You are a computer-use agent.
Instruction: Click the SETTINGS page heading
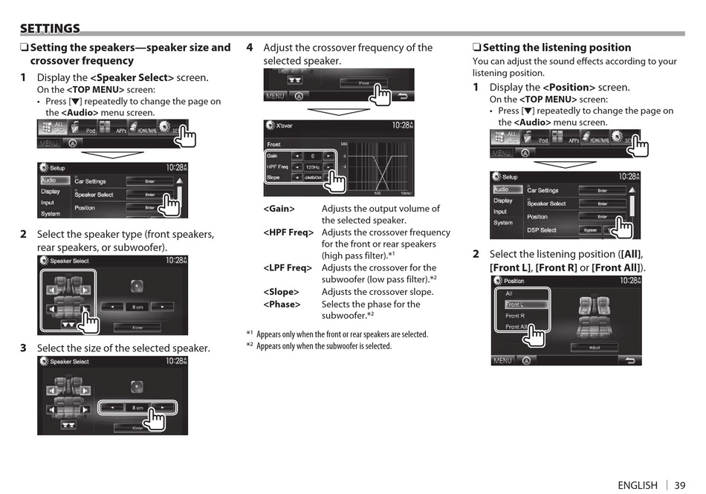pos(50,28)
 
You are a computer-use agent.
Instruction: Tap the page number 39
pos(680,485)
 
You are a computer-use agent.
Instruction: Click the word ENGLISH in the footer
pos(637,485)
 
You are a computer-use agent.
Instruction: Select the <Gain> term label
pos(279,209)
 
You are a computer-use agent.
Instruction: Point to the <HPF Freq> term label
pos(288,233)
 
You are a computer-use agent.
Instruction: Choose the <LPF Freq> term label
pos(288,267)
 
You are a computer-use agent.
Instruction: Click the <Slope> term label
pos(281,292)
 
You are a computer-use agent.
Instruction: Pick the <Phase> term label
pos(282,304)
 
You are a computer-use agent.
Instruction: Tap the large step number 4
pos(250,48)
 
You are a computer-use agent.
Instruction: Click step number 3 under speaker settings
pos(23,348)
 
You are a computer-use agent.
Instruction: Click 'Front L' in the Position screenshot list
pos(515,305)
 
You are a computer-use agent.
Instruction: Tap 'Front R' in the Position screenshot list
pos(515,316)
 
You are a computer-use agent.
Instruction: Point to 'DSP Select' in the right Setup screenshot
pos(542,230)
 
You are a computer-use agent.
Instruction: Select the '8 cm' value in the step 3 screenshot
pos(138,407)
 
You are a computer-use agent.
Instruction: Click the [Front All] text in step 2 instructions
pos(615,267)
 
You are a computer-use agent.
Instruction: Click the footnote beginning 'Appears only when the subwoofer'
pos(323,345)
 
